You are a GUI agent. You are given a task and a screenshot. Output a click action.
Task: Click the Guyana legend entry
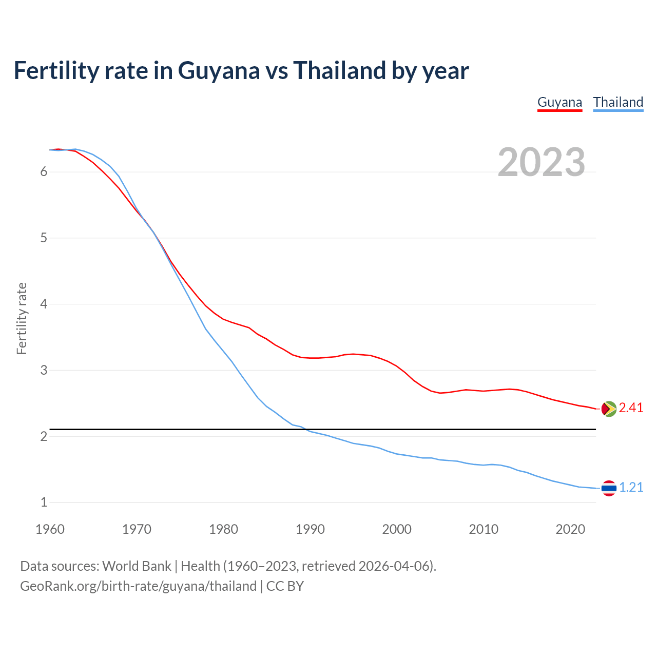559,102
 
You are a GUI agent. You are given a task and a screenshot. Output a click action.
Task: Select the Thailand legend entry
618,102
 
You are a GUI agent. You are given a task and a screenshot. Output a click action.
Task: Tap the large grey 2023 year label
542,162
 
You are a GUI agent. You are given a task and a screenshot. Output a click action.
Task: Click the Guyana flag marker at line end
609,409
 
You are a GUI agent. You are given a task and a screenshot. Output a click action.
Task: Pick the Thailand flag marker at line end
609,488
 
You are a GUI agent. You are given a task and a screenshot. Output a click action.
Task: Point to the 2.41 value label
631,408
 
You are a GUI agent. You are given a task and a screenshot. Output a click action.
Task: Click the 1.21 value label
631,488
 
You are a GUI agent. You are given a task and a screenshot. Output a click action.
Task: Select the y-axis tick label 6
44,171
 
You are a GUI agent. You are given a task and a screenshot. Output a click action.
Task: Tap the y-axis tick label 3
44,370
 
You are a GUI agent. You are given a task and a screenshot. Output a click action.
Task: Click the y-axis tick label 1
44,503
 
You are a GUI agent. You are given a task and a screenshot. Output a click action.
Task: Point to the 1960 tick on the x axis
50,529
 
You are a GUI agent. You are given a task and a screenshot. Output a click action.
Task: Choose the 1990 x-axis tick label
310,529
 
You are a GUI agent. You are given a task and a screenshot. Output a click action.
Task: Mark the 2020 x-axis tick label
570,529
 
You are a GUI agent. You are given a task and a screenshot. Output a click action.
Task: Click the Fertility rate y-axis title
22,318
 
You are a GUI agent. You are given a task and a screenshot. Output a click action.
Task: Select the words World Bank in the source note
137,566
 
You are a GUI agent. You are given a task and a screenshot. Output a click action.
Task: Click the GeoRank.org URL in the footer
138,586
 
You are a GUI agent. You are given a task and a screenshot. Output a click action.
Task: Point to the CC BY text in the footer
285,586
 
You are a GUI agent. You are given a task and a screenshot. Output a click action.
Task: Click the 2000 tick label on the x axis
397,529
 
